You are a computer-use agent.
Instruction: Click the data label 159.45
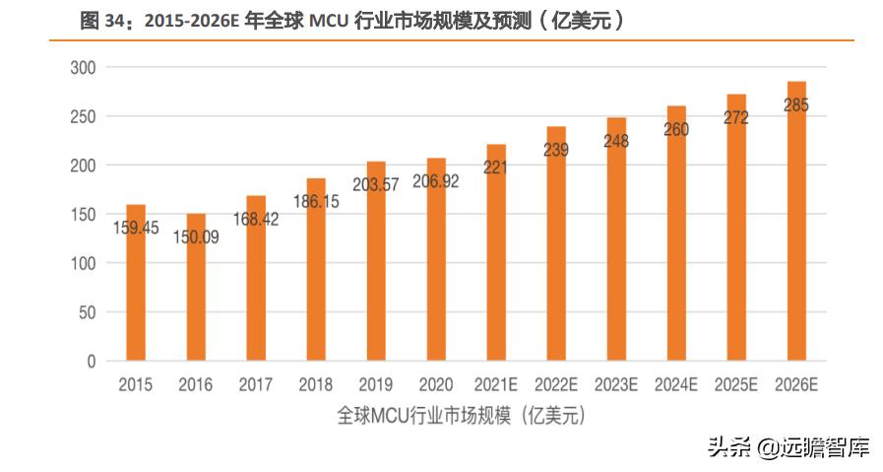pos(136,229)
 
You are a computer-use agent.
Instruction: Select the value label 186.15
pos(316,201)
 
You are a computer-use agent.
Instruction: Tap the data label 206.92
pos(436,182)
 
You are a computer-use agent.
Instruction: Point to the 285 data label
pos(795,105)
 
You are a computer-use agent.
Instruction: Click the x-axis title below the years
pos(461,415)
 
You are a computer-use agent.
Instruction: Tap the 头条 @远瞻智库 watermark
pos(788,448)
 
